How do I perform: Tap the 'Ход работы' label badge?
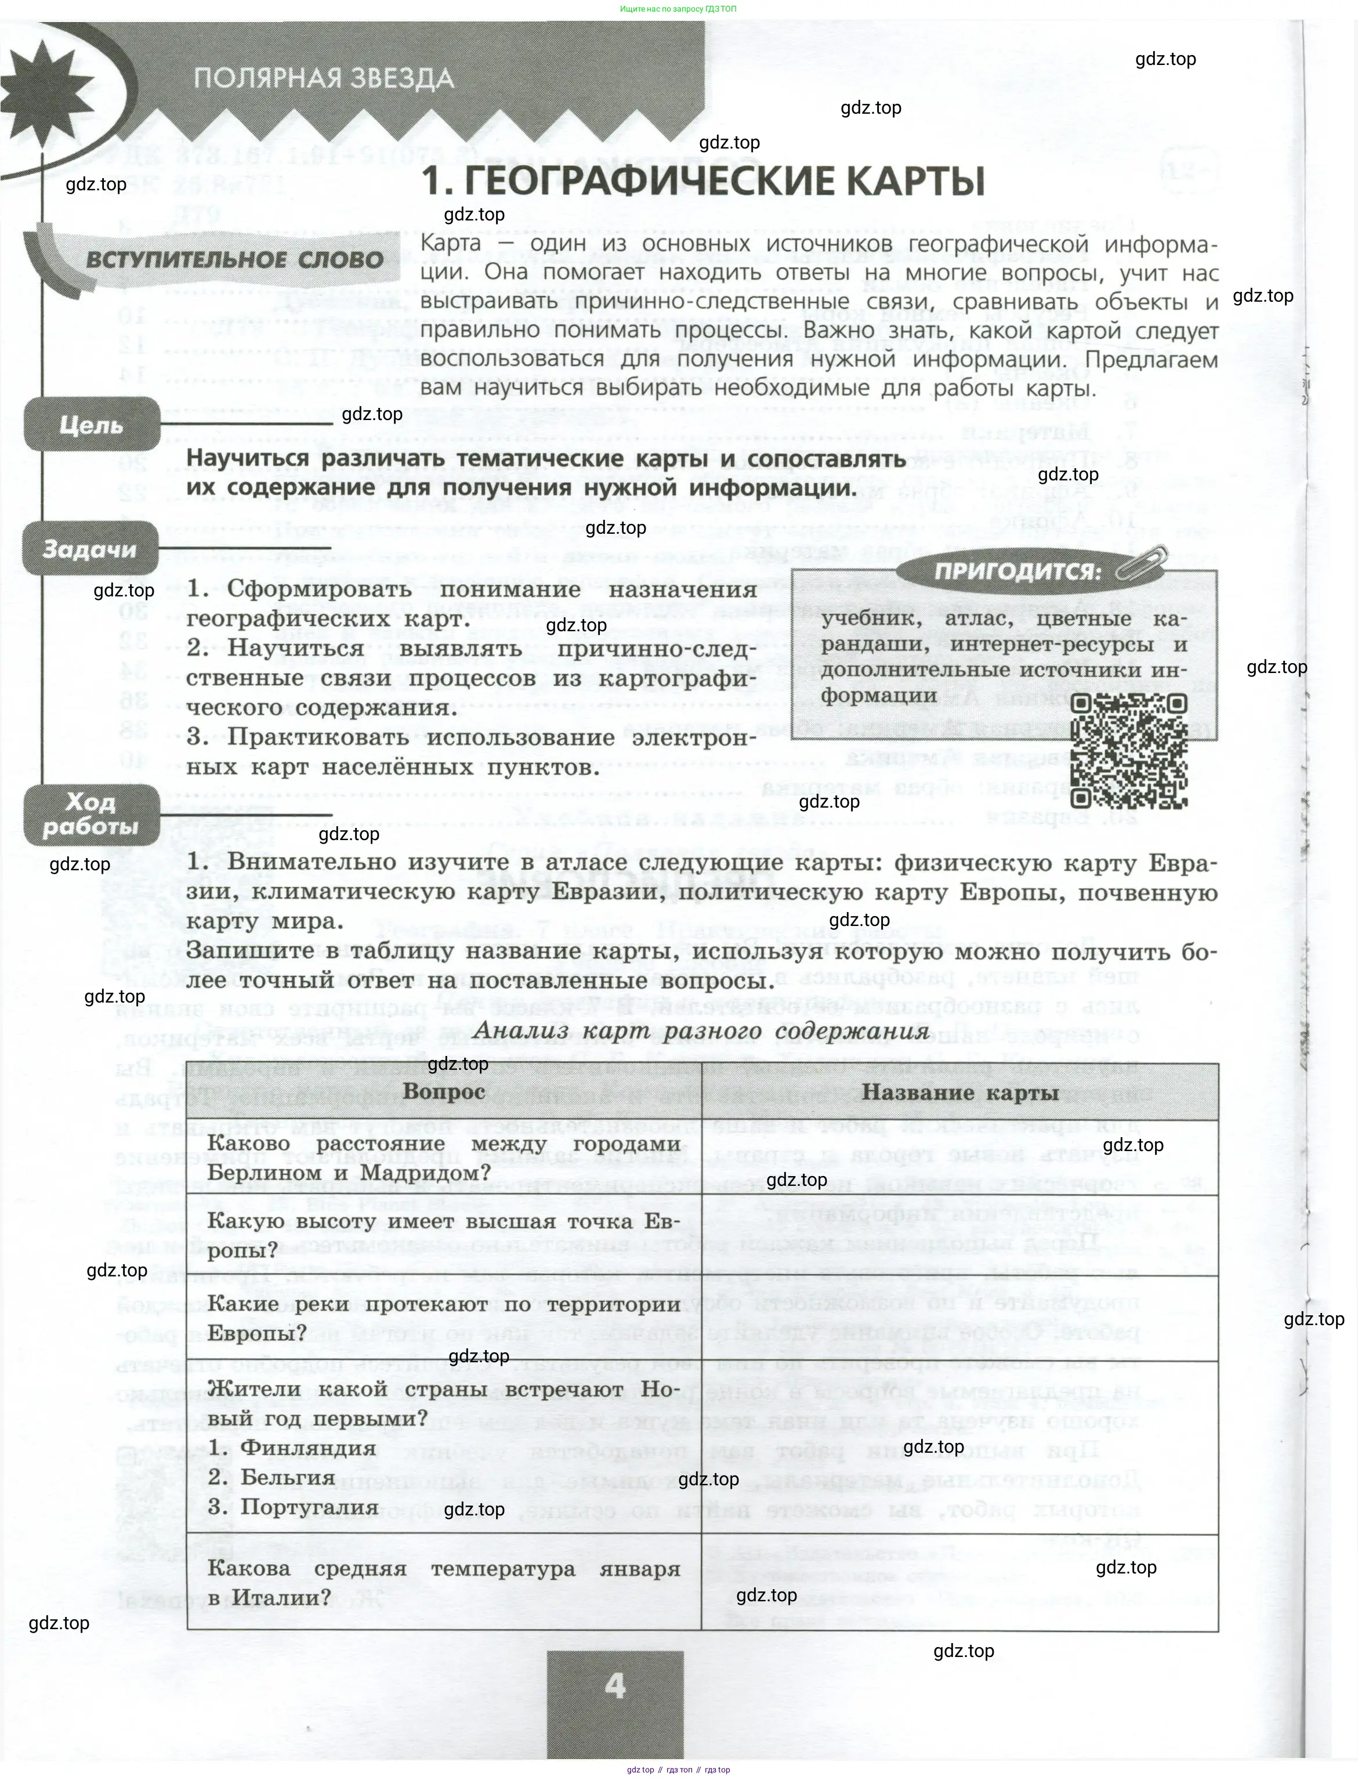coord(90,814)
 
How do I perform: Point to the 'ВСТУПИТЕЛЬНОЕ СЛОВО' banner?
coord(234,259)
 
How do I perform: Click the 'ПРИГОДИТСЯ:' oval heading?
coord(1017,571)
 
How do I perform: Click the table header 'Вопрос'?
coord(444,1091)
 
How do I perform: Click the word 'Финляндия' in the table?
coord(309,1448)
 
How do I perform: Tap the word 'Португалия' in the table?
coord(310,1506)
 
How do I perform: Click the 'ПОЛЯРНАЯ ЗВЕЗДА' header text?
coord(323,78)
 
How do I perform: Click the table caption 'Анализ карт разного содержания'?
coord(700,1032)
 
